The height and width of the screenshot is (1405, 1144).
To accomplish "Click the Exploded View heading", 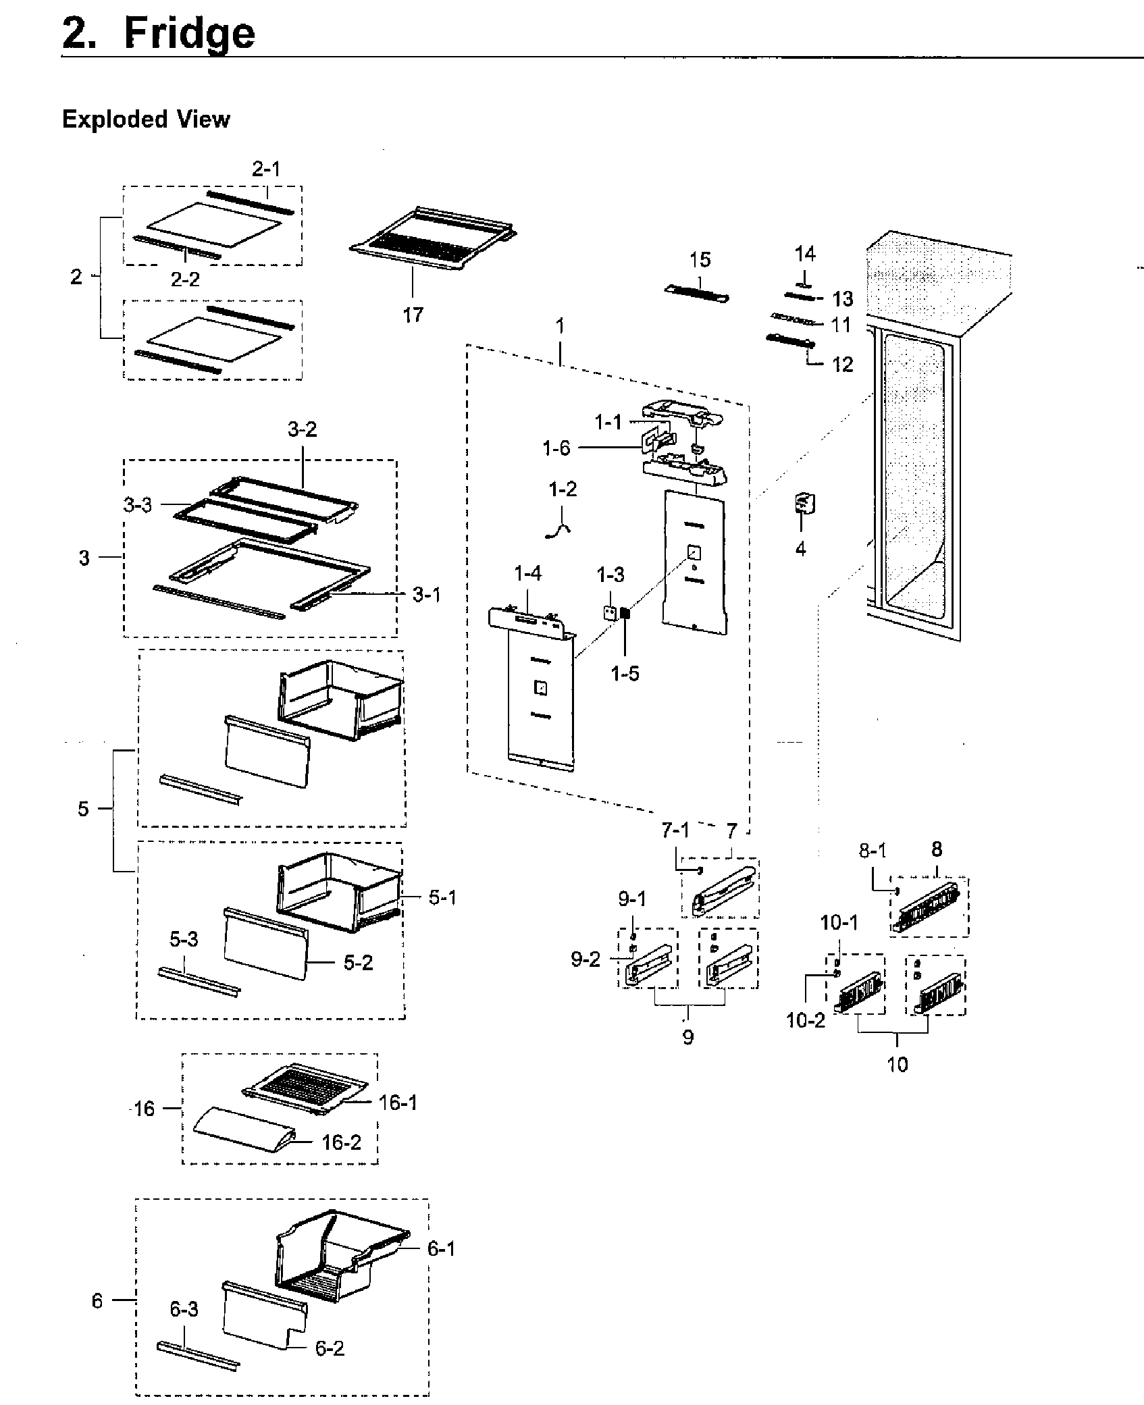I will click(146, 120).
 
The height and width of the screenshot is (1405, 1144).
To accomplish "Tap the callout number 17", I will click(413, 314).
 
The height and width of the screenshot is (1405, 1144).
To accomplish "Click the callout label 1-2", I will click(563, 489).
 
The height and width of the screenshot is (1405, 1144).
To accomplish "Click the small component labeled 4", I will click(803, 503).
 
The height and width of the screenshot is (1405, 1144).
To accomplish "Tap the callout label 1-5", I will click(625, 673).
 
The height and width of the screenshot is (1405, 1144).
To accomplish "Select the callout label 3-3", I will click(138, 504).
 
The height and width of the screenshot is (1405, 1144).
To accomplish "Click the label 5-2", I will click(358, 962).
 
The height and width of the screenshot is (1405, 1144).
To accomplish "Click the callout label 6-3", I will click(184, 1310).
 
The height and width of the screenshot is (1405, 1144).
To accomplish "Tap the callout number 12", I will click(842, 365).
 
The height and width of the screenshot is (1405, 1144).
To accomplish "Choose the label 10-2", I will click(806, 1020).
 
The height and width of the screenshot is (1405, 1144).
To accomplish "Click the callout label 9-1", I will click(632, 899).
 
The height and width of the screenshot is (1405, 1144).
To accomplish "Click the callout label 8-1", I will click(873, 851).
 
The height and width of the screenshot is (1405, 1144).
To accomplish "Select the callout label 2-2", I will click(185, 279).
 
